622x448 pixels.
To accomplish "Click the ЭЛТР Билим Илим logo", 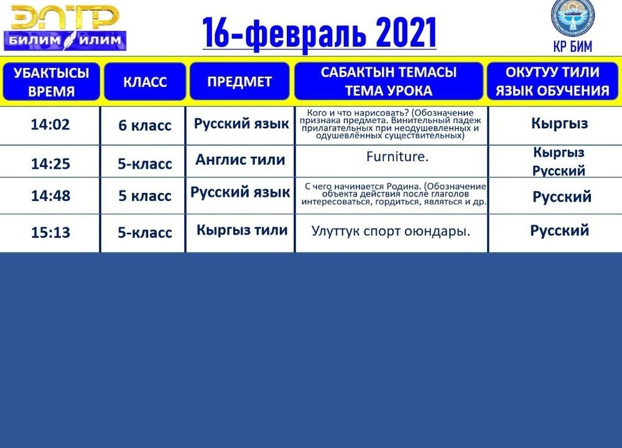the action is tap(65, 28).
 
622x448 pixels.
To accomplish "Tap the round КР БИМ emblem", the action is tap(572, 18).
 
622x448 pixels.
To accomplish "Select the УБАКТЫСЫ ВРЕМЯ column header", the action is tap(51, 82).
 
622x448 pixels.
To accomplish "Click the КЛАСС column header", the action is tap(145, 82).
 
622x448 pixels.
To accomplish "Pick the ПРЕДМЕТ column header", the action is tap(239, 82).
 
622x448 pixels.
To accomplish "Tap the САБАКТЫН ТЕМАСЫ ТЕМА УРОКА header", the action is tap(388, 82).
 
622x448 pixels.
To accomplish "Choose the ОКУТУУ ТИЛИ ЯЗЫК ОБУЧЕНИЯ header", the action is tap(552, 82).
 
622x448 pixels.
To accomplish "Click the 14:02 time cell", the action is tap(50, 124).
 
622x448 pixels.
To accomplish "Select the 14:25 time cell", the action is tap(50, 164).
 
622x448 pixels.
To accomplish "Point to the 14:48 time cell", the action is tap(50, 195).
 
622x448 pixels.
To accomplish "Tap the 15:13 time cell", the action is tap(50, 232).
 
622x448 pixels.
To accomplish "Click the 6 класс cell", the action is tap(145, 126).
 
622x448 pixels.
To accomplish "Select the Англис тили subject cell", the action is tap(240, 159).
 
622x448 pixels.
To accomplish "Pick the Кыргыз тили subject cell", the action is tap(242, 230).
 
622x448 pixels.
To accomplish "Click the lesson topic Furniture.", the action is tap(397, 156).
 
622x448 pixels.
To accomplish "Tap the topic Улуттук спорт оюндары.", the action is tap(391, 231).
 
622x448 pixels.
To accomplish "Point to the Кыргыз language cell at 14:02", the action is tap(559, 123).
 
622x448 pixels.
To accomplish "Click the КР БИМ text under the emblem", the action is tap(572, 47).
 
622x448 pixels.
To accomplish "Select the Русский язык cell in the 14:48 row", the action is tap(240, 192).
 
